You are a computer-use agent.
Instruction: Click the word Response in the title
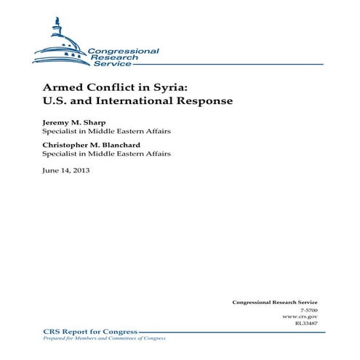[207, 100]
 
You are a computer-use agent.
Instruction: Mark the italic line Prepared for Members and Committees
[95, 337]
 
